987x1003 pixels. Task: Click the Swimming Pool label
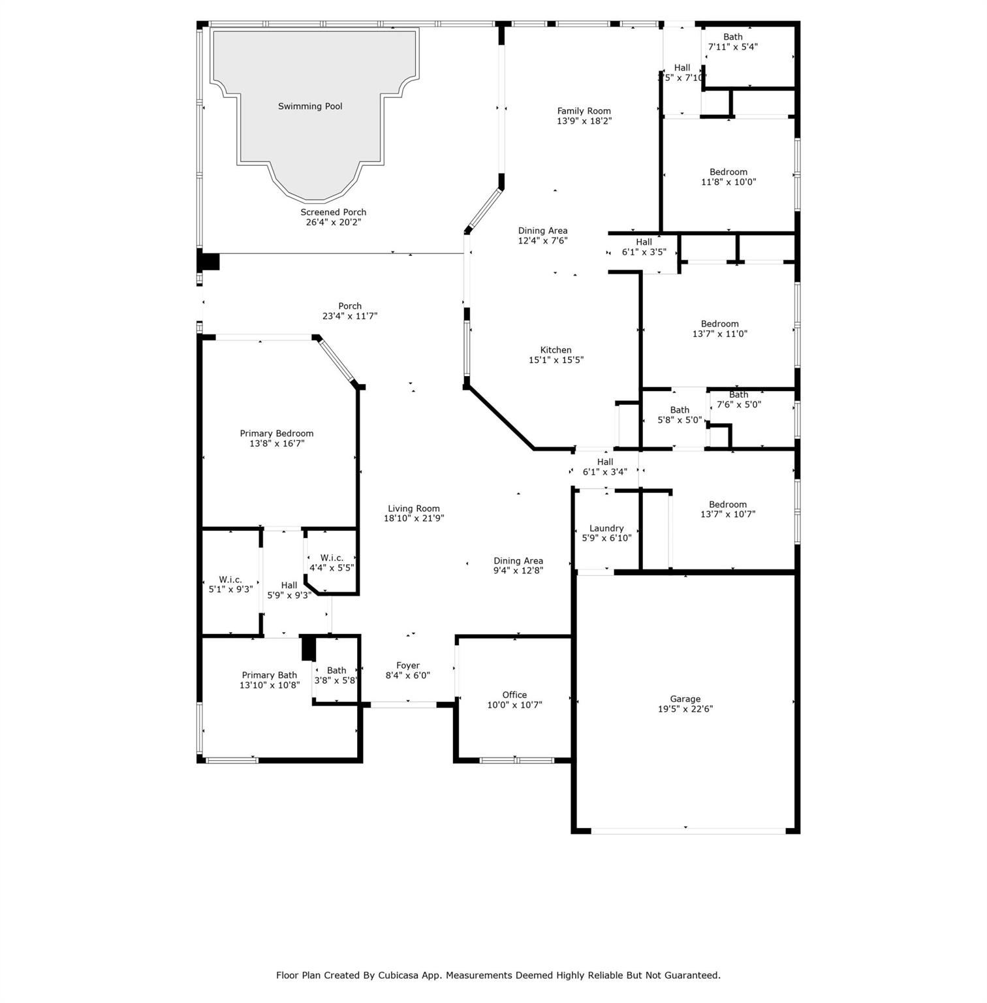(310, 106)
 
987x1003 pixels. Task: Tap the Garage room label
(685, 699)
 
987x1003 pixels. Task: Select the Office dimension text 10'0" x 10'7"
(514, 705)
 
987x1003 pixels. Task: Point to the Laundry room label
(606, 528)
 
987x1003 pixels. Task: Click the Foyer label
(408, 665)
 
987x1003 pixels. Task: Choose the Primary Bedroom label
(277, 434)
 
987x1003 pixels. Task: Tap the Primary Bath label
(270, 675)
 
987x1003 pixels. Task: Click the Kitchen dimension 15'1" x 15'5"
(556, 360)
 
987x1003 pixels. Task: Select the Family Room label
(584, 111)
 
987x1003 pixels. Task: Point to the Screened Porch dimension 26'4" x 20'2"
(334, 222)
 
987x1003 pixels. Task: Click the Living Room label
(414, 509)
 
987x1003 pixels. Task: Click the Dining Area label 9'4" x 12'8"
(518, 565)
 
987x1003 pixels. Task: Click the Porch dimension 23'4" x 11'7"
(350, 316)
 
